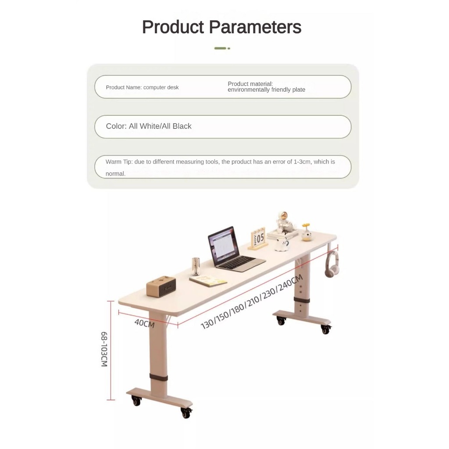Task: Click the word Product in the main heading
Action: tap(173, 27)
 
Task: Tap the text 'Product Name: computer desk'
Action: tap(142, 87)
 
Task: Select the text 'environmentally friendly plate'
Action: tap(266, 89)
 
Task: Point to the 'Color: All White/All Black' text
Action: tap(149, 126)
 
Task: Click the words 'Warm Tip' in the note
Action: tap(118, 162)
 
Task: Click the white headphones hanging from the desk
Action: tap(332, 264)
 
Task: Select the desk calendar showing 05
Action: tap(258, 239)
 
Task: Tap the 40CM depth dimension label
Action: tap(145, 323)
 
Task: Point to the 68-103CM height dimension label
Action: tap(104, 349)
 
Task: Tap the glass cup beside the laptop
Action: tap(196, 266)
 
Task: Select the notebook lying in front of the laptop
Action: tap(208, 281)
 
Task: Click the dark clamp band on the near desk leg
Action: tap(159, 377)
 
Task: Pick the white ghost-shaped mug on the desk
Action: tap(282, 244)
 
